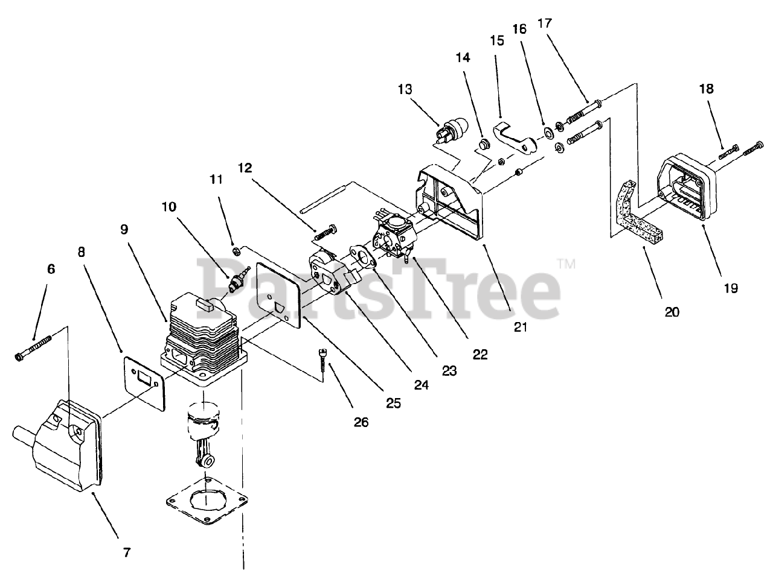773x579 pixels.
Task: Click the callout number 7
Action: tap(126, 551)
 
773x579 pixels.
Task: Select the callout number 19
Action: tap(730, 288)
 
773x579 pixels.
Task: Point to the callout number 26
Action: tap(361, 422)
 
